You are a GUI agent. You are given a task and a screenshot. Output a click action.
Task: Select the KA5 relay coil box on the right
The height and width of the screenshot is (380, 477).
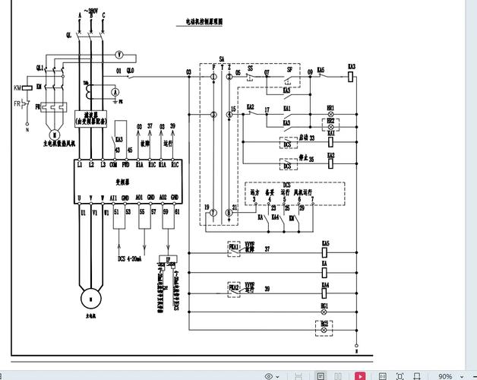(x=325, y=249)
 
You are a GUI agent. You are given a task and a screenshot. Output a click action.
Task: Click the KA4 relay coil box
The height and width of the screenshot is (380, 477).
(x=325, y=290)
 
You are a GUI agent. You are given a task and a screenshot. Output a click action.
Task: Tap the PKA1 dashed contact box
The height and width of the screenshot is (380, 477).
(x=234, y=248)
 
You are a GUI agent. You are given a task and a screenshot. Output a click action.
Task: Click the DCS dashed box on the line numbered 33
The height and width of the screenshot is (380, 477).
(x=287, y=144)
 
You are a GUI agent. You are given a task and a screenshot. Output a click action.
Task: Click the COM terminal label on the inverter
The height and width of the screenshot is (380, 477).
(x=114, y=164)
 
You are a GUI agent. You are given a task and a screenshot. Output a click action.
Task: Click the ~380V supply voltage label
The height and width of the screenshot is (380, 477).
(x=91, y=12)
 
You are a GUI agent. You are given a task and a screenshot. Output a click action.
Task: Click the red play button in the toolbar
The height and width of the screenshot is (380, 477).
(x=360, y=375)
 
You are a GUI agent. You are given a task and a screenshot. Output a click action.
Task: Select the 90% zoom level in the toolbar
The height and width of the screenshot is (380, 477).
(x=445, y=376)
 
